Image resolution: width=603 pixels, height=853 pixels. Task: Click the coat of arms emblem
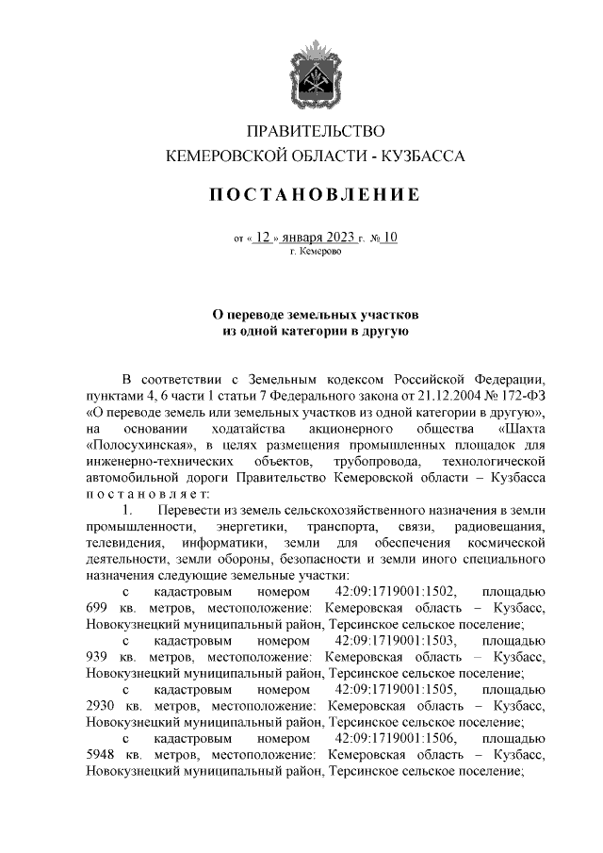click(x=316, y=73)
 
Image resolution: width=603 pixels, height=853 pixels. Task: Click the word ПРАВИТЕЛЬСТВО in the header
click(x=316, y=130)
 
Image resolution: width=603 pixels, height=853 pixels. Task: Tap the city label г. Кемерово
click(x=316, y=253)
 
